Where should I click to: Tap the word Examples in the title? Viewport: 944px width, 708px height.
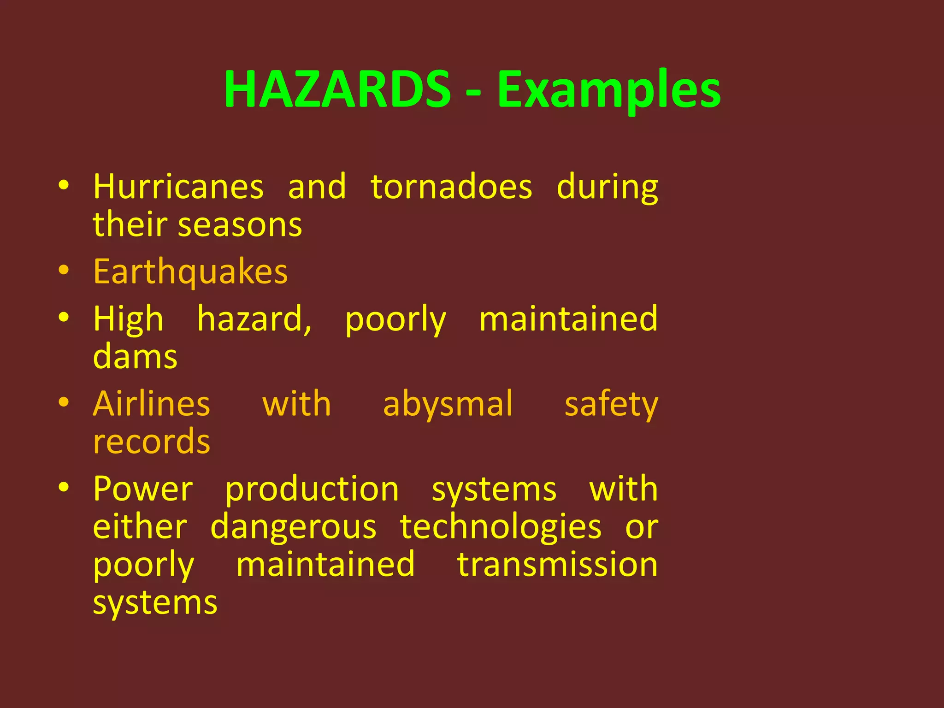[608, 90]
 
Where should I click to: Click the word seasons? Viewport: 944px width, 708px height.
[240, 225]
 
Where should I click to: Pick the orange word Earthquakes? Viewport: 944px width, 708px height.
[190, 272]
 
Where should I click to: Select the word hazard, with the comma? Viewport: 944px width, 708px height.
[254, 319]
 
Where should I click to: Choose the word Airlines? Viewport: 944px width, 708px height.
[151, 404]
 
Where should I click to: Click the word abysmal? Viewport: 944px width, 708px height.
[448, 404]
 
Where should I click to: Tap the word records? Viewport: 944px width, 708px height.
[151, 442]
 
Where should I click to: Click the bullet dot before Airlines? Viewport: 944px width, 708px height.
[64, 402]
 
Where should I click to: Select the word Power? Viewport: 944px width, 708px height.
[143, 489]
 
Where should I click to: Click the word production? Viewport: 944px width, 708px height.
[312, 490]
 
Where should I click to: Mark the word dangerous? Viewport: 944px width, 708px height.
[293, 527]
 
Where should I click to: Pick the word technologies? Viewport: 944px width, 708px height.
[500, 527]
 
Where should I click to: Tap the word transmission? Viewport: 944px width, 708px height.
[557, 565]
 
